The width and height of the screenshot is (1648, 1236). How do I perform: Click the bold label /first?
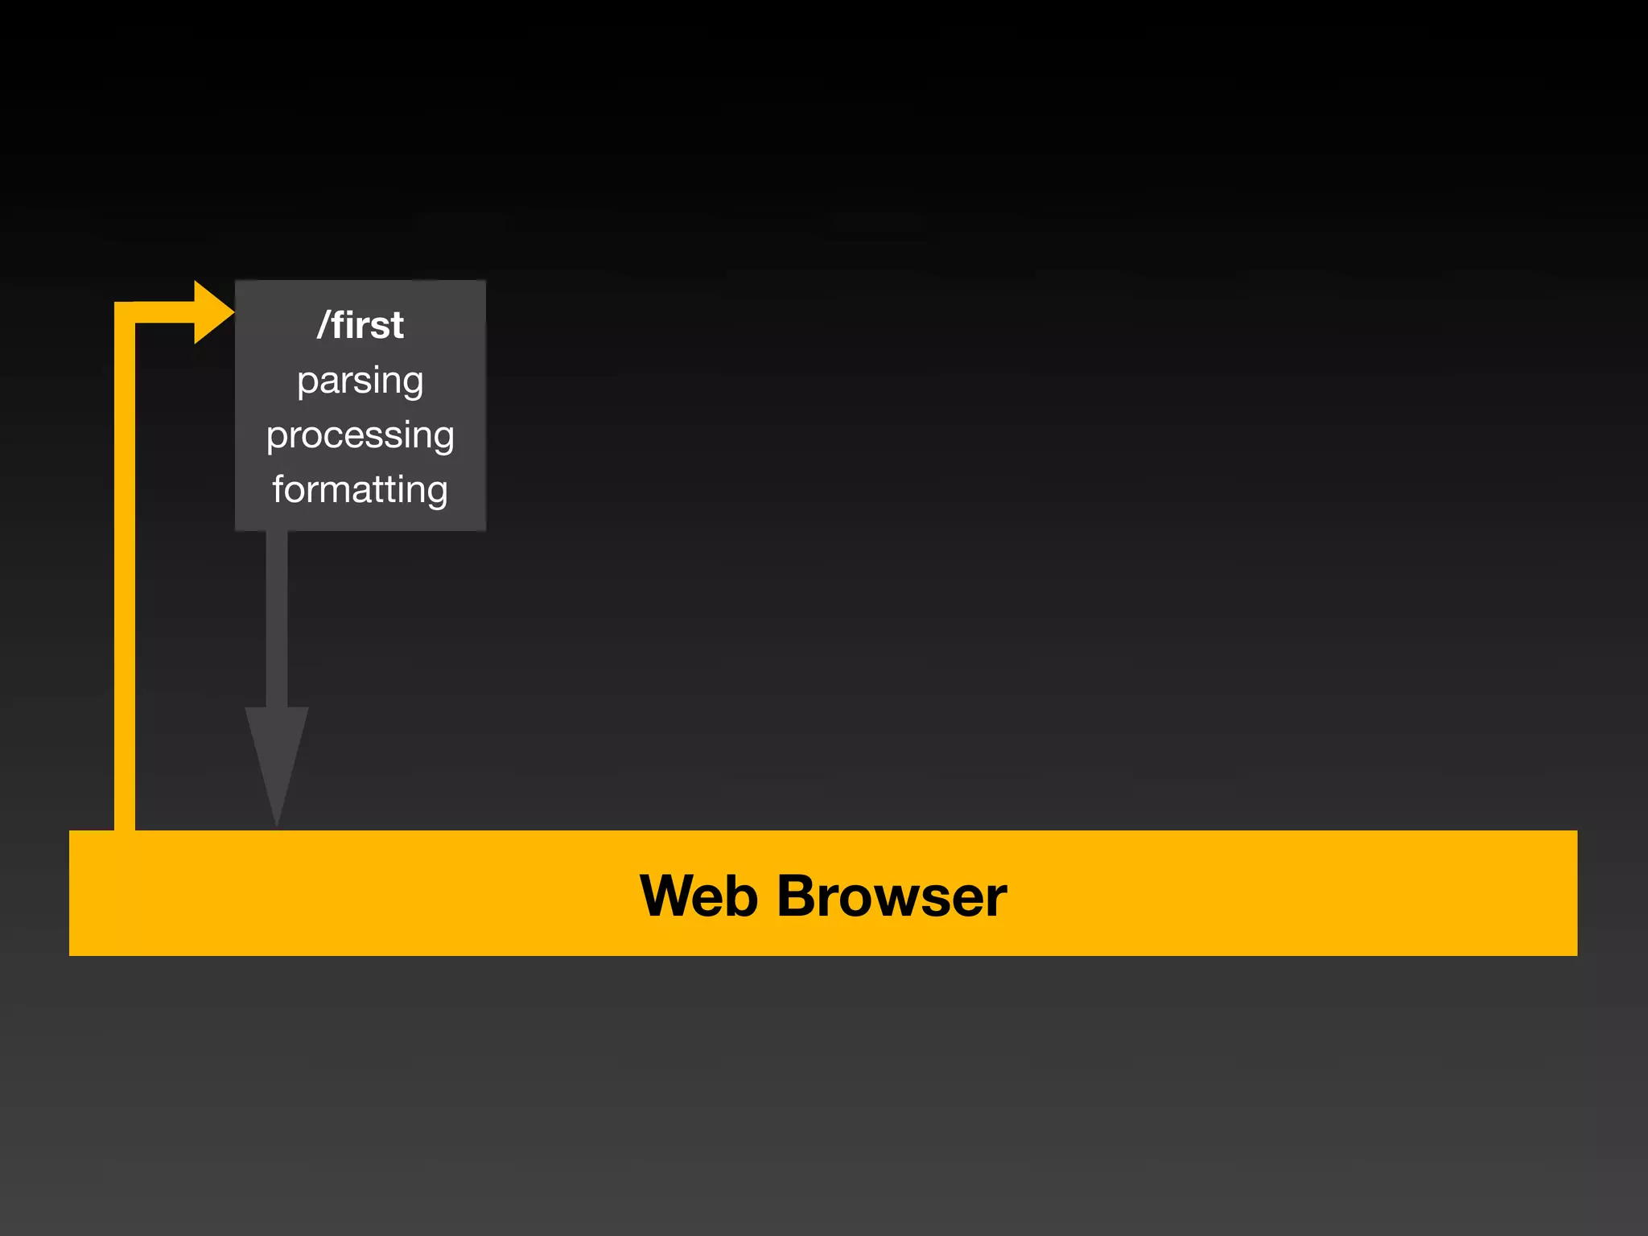tap(360, 325)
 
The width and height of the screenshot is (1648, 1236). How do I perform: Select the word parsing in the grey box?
tap(360, 381)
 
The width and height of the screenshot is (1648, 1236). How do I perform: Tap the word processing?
tap(360, 435)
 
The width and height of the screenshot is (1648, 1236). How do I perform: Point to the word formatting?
tap(360, 489)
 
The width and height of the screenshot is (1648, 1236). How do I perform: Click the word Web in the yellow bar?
tap(698, 896)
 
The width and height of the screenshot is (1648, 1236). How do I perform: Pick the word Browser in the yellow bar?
tap(892, 896)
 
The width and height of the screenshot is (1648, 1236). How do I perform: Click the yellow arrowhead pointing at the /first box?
tap(212, 312)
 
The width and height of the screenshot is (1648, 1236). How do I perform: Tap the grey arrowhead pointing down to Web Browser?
tap(276, 756)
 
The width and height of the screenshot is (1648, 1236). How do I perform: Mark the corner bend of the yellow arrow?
tap(126, 313)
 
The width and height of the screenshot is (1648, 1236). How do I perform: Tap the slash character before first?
tap(323, 325)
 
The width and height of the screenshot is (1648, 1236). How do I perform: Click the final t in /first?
tap(396, 326)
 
